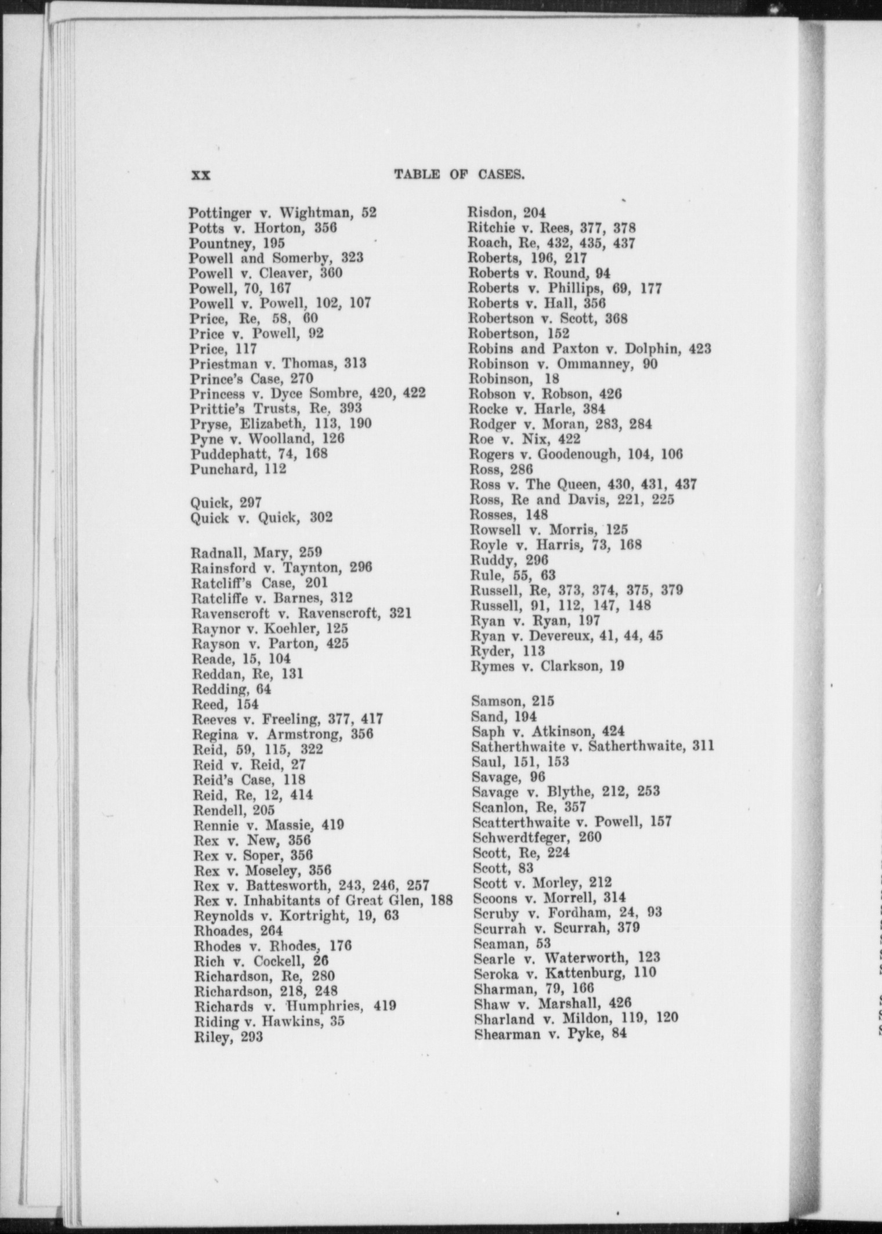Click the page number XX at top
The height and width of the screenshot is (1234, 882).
pyautogui.click(x=201, y=175)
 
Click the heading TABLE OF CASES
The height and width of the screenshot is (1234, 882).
pyautogui.click(x=459, y=175)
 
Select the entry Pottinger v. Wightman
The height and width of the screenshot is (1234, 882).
pyautogui.click(x=283, y=213)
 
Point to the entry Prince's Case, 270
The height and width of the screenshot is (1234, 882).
pyautogui.click(x=251, y=379)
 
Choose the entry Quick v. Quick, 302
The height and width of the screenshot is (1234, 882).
pyautogui.click(x=261, y=517)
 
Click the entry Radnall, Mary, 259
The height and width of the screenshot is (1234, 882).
pyautogui.click(x=256, y=552)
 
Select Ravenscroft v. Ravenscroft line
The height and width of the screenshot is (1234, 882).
pyautogui.click(x=301, y=613)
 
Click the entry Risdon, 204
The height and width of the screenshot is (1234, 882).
pyautogui.click(x=507, y=213)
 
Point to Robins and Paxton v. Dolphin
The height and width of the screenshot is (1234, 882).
pyautogui.click(x=589, y=349)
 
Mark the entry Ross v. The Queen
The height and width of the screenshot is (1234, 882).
pyautogui.click(x=583, y=484)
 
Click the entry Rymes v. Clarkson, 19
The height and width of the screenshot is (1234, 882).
pyautogui.click(x=548, y=666)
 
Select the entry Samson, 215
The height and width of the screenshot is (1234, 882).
pyautogui.click(x=513, y=701)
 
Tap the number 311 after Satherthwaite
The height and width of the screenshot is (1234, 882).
pyautogui.click(x=703, y=746)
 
